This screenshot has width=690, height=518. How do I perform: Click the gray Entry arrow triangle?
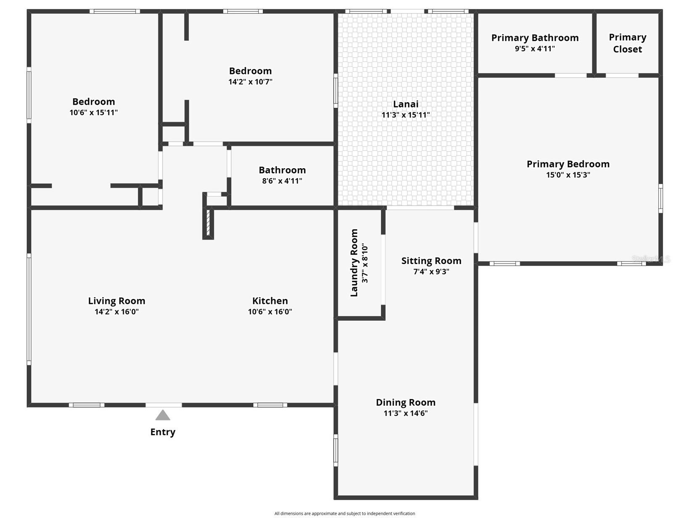163,416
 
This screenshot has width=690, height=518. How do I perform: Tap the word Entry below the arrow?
163,432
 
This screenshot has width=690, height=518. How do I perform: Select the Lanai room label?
406,104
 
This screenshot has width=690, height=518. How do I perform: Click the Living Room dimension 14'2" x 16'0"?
116,312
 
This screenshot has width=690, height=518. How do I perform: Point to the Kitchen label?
270,301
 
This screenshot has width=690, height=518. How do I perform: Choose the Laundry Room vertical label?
354,263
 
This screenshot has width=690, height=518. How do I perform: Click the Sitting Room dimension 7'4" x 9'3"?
431,272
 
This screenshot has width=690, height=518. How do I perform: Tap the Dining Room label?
406,402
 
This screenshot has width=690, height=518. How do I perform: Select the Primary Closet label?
627,43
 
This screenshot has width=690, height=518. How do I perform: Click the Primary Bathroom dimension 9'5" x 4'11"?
535,49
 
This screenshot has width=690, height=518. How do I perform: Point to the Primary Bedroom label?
568,164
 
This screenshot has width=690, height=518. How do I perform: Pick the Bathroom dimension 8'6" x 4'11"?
282,181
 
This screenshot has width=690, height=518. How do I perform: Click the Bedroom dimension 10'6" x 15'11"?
93,113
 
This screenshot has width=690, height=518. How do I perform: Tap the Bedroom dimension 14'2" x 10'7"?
250,82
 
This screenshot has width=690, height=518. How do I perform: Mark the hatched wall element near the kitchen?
208,222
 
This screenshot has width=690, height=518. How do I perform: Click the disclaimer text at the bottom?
345,513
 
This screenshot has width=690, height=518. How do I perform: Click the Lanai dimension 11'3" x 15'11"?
406,115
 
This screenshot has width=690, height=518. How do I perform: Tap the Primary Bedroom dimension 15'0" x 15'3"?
568,175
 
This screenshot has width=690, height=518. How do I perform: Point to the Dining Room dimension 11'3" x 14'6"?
406,413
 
